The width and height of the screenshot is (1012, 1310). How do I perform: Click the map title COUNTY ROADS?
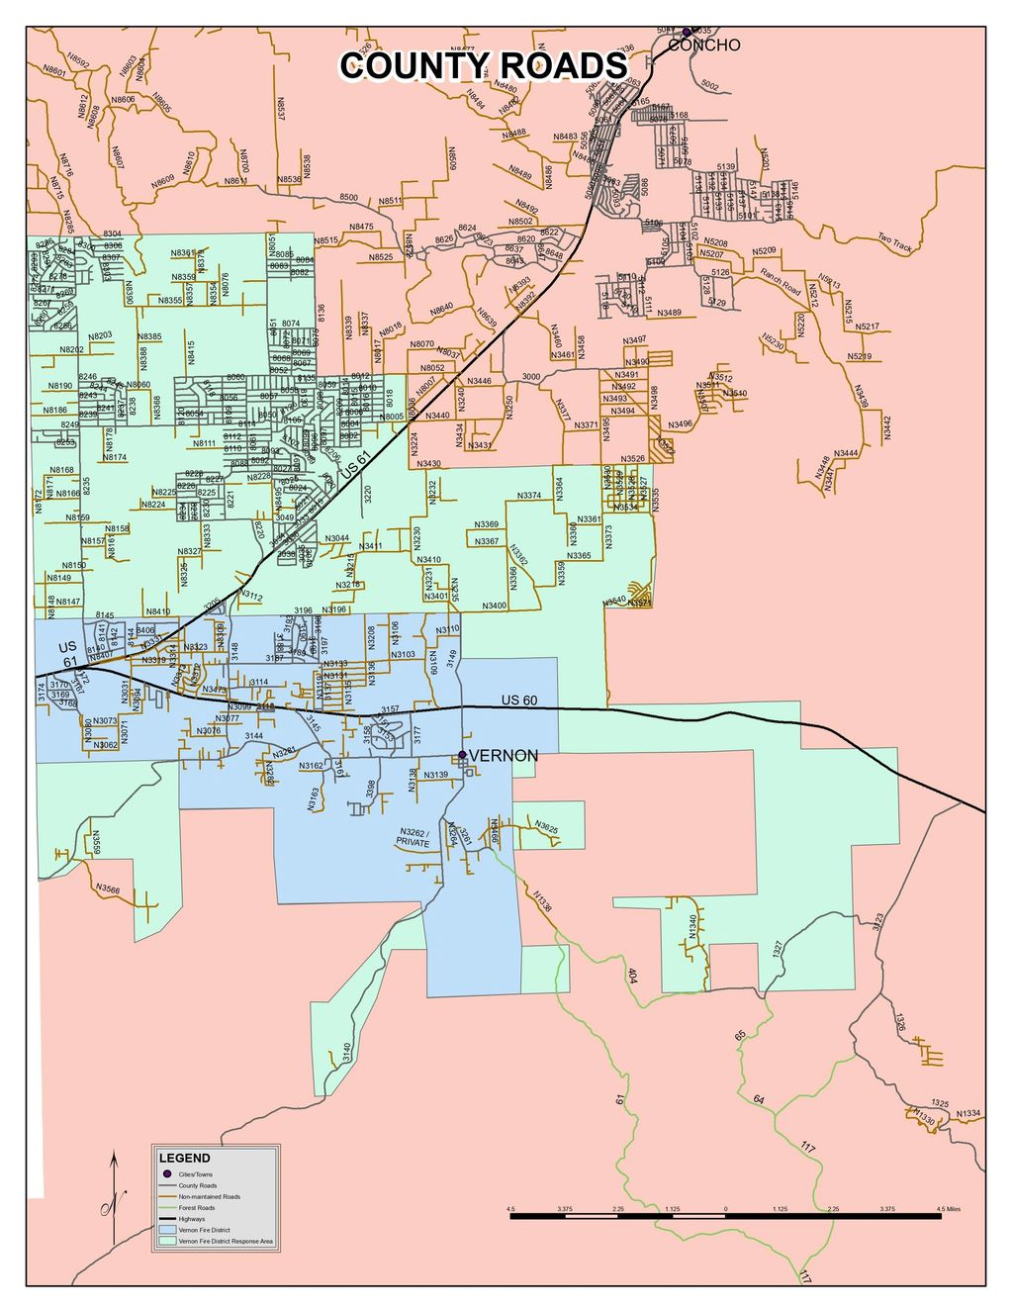tap(484, 65)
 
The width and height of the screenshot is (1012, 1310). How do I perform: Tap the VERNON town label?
tap(504, 756)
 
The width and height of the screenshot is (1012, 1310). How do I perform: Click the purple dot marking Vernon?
tap(462, 755)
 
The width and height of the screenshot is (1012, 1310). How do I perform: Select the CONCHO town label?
tap(704, 46)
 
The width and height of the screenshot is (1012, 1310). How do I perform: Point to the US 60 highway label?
tap(519, 701)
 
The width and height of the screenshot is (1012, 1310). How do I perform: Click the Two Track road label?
tap(894, 242)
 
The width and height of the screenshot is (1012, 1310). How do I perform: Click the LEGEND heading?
tap(185, 1158)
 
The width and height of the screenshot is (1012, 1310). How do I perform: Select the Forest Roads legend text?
tap(197, 1208)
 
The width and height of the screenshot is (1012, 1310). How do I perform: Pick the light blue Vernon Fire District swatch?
tap(166, 1231)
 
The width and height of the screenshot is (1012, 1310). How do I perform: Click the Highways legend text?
tap(192, 1219)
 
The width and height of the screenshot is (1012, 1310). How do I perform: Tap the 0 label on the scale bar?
tap(725, 1209)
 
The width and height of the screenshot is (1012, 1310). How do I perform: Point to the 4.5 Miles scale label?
tap(947, 1209)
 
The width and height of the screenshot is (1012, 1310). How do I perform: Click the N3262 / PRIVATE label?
tap(414, 837)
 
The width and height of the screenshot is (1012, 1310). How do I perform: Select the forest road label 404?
tap(631, 975)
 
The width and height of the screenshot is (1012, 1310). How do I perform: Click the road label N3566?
tap(109, 890)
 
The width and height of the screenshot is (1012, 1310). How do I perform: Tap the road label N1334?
tap(968, 1114)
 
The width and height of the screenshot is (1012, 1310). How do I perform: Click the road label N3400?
tap(495, 605)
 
